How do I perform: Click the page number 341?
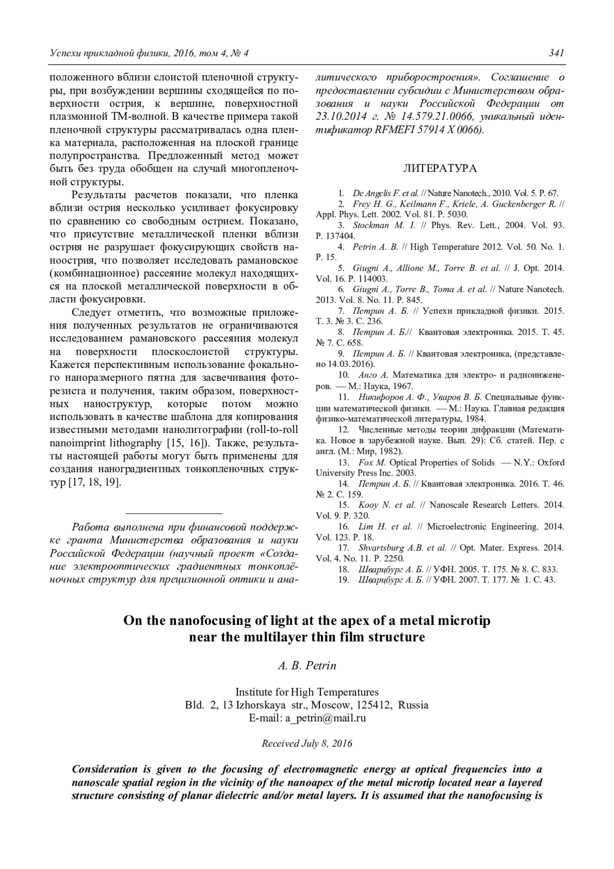pos(556,53)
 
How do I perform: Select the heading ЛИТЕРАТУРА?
pos(440,168)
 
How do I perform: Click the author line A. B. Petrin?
pos(306,666)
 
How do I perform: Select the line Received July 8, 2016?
pos(306,744)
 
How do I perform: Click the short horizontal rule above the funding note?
pos(173,512)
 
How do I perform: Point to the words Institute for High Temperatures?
pos(306,692)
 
